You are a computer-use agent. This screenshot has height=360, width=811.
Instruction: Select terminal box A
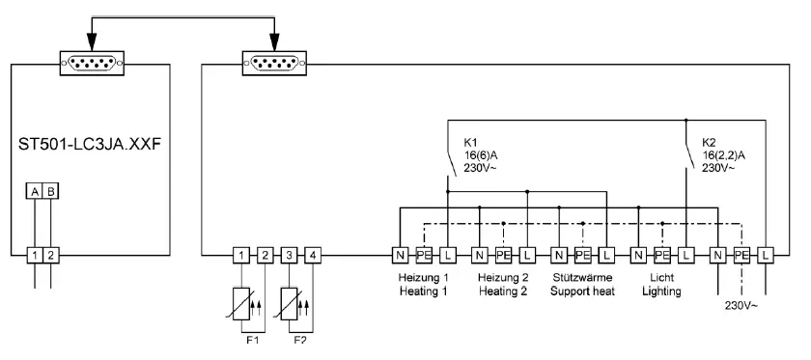[35, 191]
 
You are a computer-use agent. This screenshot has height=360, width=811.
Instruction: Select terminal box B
[51, 191]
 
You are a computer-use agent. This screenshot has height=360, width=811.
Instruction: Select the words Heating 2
[502, 291]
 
